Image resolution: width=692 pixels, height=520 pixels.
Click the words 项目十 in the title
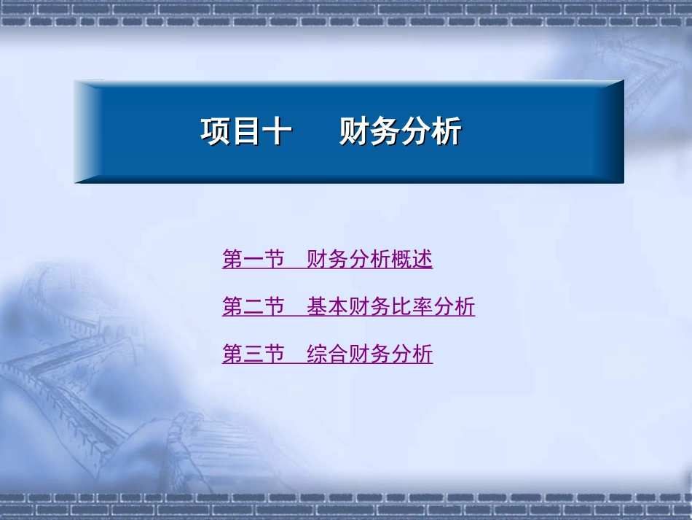tap(246, 133)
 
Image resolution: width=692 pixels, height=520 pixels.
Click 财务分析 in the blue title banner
tap(400, 133)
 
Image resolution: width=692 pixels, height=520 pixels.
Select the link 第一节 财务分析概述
tap(327, 260)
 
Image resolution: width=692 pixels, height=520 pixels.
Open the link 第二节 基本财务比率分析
tap(348, 307)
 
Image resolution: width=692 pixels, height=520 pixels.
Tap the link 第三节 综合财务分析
tap(327, 354)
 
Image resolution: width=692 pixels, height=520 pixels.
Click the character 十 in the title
tap(278, 133)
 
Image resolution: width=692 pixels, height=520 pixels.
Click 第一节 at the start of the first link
tap(253, 260)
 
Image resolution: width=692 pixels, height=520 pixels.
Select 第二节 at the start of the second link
tap(253, 307)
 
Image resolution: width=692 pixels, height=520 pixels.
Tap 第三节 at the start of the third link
tap(253, 354)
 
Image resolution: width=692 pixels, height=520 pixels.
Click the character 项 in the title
tap(216, 133)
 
